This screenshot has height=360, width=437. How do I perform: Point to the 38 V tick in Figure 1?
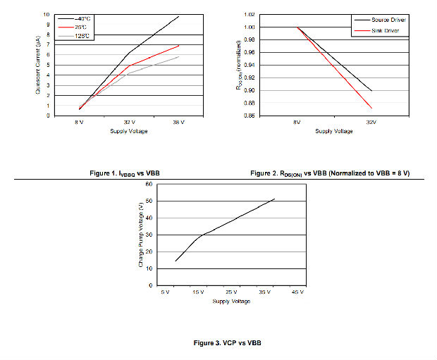(178, 123)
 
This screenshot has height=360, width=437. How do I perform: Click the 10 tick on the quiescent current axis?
(47, 14)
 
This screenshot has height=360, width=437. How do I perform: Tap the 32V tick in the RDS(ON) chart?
(371, 123)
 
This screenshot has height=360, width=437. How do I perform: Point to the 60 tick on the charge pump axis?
(149, 184)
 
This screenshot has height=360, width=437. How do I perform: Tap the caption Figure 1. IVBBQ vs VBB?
(127, 173)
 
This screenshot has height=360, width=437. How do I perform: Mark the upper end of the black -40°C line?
(179, 15)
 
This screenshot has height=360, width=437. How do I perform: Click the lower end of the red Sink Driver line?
(371, 108)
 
